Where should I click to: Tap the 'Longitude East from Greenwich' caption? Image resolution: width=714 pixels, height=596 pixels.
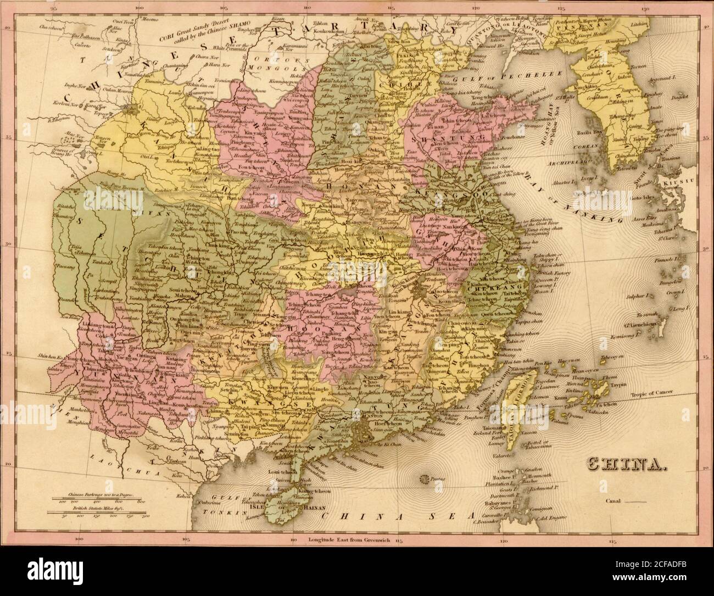[349, 541]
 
